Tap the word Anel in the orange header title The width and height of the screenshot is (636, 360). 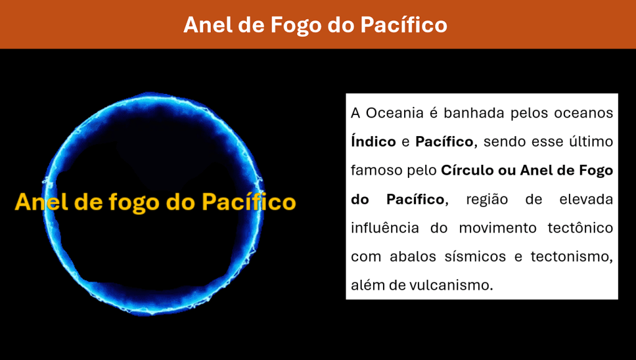coord(208,25)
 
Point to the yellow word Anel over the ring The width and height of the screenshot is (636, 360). coord(42,201)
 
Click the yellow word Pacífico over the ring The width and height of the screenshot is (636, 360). coord(249,201)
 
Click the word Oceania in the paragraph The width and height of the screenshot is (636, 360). coord(395,113)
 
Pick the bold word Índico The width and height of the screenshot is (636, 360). coord(374,141)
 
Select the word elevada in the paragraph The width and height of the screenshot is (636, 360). coord(586,200)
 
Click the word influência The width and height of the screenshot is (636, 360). coord(385,228)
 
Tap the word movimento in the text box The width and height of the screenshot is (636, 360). coord(498,228)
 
